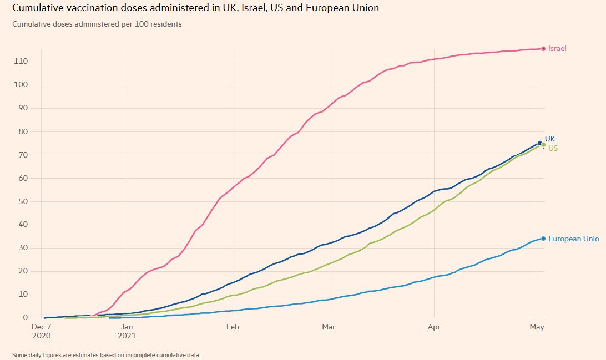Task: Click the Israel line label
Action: click(x=557, y=49)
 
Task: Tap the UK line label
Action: click(x=550, y=139)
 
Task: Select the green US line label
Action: click(x=553, y=148)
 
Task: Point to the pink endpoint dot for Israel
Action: click(x=543, y=49)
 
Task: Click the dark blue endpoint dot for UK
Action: click(x=539, y=143)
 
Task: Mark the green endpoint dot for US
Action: click(x=543, y=145)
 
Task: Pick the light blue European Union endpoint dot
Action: click(x=543, y=239)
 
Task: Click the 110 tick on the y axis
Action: click(x=21, y=62)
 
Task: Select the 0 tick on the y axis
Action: click(x=24, y=318)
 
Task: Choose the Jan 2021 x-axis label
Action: click(x=127, y=331)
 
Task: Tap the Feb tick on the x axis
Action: click(x=233, y=327)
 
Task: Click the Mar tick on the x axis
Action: click(x=329, y=327)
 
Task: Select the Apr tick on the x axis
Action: click(x=434, y=327)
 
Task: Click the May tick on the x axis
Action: click(x=537, y=327)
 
